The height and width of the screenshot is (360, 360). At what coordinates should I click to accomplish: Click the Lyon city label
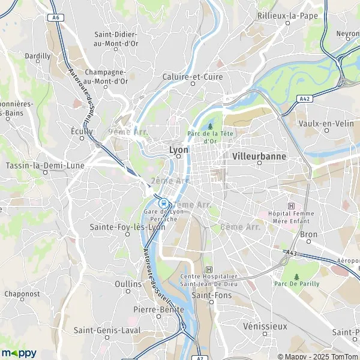pyautogui.click(x=179, y=149)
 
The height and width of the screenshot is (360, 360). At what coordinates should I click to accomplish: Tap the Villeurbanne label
pyautogui.click(x=258, y=155)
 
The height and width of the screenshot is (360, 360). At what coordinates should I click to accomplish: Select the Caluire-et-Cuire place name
pyautogui.click(x=193, y=77)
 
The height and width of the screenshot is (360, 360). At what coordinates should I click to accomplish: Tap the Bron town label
pyautogui.click(x=308, y=233)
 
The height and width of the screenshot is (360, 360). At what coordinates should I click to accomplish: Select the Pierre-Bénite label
pyautogui.click(x=158, y=309)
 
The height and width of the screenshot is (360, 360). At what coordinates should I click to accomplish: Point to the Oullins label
pyautogui.click(x=127, y=283)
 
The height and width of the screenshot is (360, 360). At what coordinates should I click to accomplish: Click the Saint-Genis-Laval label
pyautogui.click(x=107, y=330)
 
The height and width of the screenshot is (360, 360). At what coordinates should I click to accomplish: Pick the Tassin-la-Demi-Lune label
pyautogui.click(x=44, y=165)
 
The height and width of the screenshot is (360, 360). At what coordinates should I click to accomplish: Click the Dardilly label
pyautogui.click(x=38, y=56)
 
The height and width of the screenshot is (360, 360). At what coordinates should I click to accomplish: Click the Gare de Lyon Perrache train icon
pyautogui.click(x=163, y=203)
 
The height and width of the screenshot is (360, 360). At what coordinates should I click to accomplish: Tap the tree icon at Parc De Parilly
pyautogui.click(x=296, y=277)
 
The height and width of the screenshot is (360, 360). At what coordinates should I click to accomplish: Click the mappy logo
pyautogui.click(x=19, y=353)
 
